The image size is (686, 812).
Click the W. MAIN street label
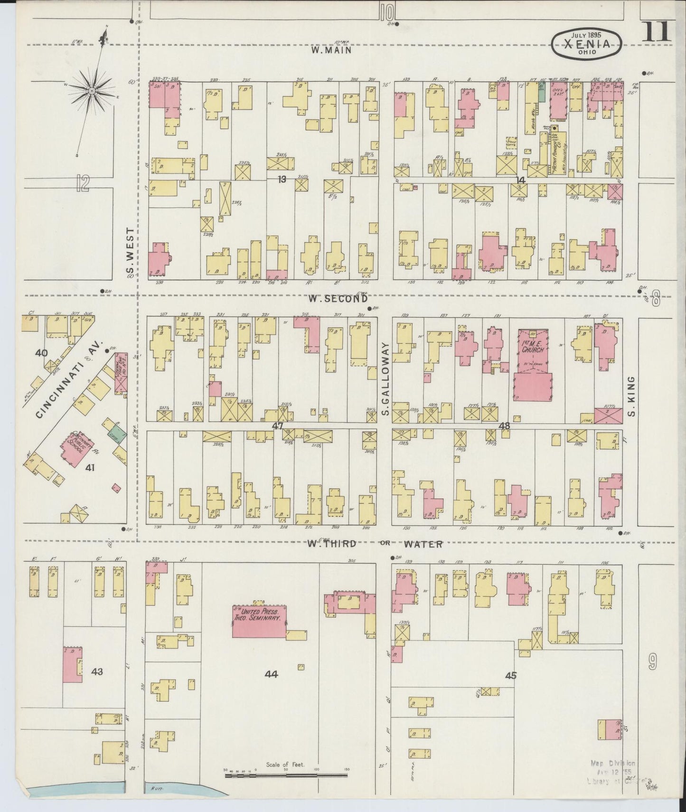(331, 49)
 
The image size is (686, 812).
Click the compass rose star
(92, 90)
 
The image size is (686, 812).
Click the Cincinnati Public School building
(75, 445)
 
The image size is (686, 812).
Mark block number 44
(271, 673)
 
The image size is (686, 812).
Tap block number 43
(97, 671)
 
